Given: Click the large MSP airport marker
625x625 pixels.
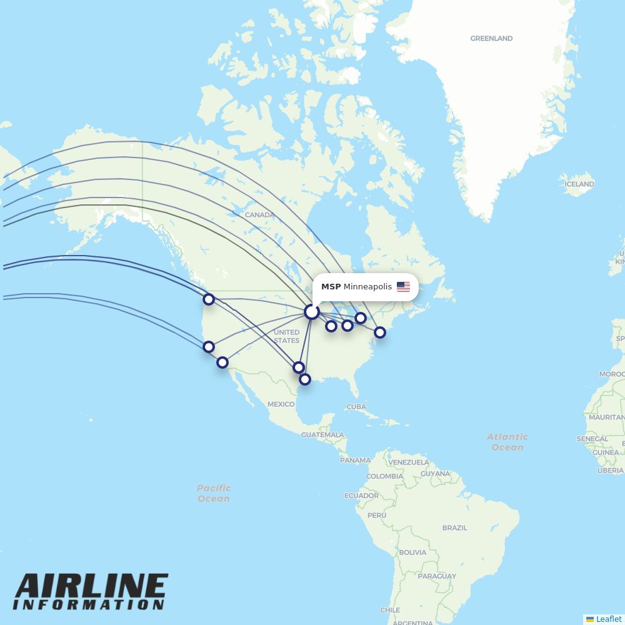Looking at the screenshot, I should (311, 311).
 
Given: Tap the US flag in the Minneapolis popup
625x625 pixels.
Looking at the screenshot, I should (403, 287).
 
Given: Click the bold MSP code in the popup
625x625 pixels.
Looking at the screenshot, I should (331, 287).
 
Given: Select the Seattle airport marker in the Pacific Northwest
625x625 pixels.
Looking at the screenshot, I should (209, 299).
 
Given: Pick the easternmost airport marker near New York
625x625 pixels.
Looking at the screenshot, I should (379, 332).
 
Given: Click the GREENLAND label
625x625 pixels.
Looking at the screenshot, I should (491, 39).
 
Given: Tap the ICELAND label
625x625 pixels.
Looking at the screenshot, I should (579, 184).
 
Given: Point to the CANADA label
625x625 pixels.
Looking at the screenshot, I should (259, 215).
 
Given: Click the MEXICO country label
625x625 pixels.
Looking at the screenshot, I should (281, 404).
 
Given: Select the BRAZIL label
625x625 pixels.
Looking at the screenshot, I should (454, 528).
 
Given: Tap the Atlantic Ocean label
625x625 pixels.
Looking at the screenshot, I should (507, 442).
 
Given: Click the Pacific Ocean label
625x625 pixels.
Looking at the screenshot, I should (214, 493).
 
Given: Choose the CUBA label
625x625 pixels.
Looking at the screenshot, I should (356, 407).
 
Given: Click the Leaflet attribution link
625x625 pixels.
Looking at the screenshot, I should (608, 619).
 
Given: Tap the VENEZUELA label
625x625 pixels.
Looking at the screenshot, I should (409, 462).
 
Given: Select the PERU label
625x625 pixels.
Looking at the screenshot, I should (376, 516).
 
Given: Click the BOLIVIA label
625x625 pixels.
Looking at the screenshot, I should (412, 552).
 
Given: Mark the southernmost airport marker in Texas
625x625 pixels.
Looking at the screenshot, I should (304, 379).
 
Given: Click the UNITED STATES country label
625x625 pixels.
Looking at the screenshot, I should (286, 336).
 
